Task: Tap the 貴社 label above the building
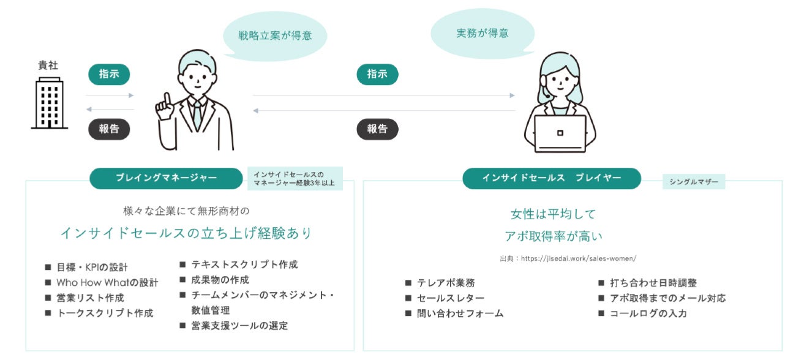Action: tap(48, 66)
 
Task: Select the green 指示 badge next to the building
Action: tap(109, 74)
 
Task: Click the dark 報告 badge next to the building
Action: tap(109, 129)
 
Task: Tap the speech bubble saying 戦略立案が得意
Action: tap(275, 36)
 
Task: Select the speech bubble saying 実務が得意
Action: tap(482, 34)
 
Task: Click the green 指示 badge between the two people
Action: tap(377, 74)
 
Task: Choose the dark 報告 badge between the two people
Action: tap(377, 129)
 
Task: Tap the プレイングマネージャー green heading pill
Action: tap(166, 178)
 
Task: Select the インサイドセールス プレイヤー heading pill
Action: tap(551, 178)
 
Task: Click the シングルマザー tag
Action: tap(694, 181)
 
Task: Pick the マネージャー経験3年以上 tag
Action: tap(295, 178)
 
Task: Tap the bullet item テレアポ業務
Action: tap(446, 283)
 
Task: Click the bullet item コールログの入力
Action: tap(648, 313)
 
